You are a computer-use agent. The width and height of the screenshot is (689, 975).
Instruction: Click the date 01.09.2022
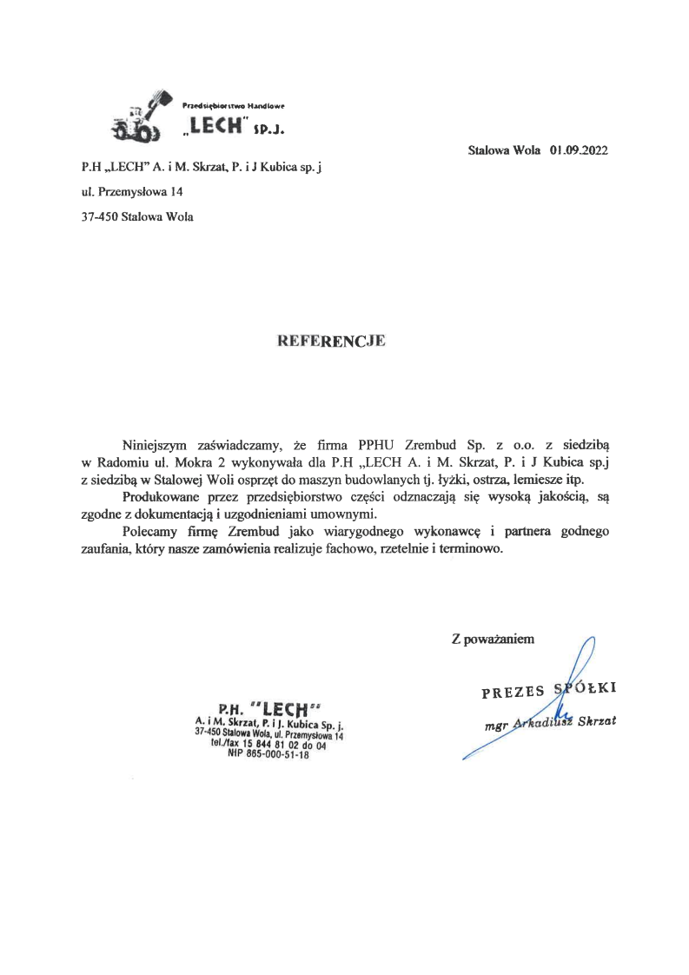(x=578, y=149)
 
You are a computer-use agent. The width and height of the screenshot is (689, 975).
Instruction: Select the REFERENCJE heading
(x=329, y=342)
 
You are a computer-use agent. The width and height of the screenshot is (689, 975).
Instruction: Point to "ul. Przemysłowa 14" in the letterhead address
(x=131, y=190)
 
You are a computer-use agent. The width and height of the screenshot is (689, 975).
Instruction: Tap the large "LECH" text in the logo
(x=215, y=127)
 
